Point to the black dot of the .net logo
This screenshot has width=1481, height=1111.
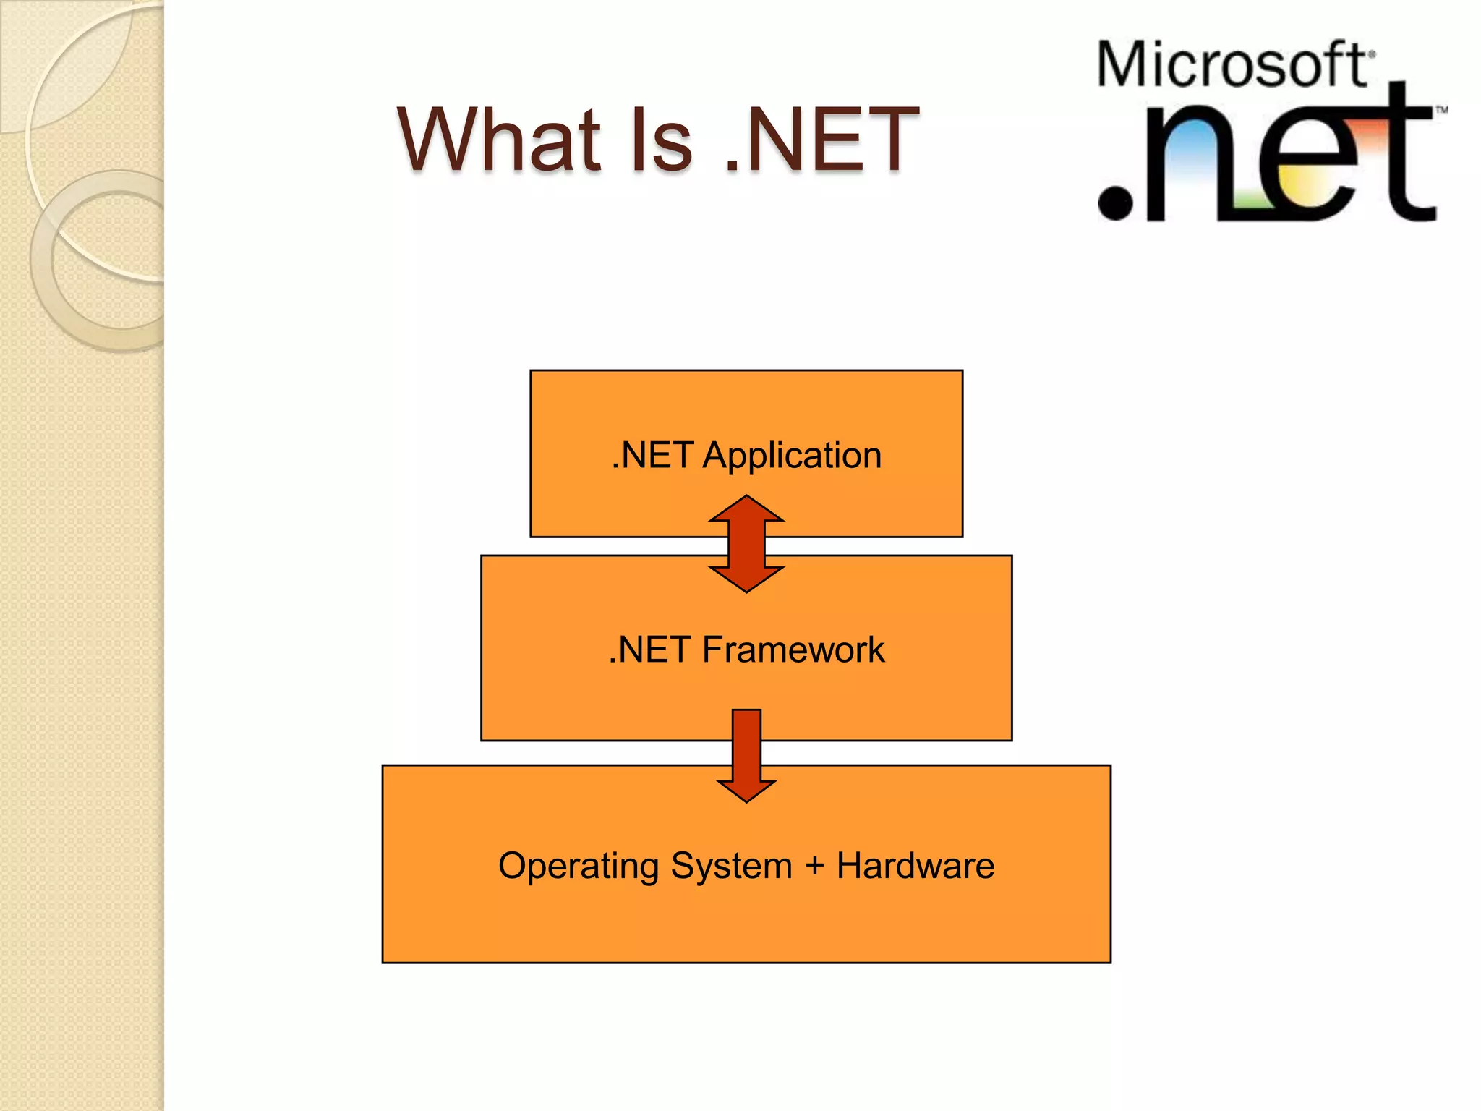1115,203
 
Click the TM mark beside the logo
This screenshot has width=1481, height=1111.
1441,111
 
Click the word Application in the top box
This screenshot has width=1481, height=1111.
792,456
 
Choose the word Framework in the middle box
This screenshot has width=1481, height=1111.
793,650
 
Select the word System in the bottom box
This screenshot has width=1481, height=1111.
731,866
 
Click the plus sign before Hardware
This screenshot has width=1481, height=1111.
814,866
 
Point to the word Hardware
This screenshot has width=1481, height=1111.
916,866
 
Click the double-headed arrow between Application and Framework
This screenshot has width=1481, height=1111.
746,544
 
